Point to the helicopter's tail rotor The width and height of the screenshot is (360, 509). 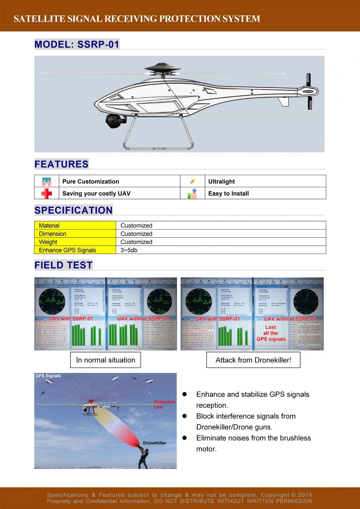[309, 91]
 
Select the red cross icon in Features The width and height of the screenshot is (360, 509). [46, 193]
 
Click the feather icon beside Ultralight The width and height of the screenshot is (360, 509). [192, 181]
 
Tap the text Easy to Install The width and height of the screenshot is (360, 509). [228, 193]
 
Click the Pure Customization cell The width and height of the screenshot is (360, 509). [91, 181]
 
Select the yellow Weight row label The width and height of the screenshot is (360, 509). [48, 242]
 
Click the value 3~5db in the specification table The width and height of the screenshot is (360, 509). [129, 250]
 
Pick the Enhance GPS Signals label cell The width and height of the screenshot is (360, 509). [67, 250]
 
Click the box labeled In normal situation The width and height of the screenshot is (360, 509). [106, 360]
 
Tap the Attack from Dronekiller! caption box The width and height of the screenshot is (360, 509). [253, 360]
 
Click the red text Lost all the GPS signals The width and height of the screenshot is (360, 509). [271, 333]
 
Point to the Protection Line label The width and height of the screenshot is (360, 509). [164, 404]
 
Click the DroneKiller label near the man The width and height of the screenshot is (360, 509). [154, 443]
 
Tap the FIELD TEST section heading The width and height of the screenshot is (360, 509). [63, 265]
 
